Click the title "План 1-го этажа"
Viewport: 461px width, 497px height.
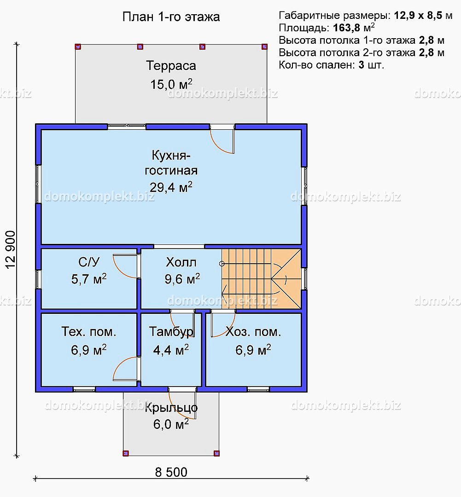pyautogui.click(x=171, y=17)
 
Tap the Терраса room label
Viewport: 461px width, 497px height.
pyautogui.click(x=171, y=66)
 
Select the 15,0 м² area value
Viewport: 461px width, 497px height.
pyautogui.click(x=171, y=84)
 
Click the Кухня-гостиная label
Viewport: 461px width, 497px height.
pyautogui.click(x=171, y=163)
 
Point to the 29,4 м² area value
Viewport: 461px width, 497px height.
pyautogui.click(x=171, y=187)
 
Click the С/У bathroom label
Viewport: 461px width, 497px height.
pyautogui.click(x=89, y=262)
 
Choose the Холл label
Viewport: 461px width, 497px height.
pyautogui.click(x=181, y=262)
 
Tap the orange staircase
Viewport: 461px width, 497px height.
pyautogui.click(x=261, y=278)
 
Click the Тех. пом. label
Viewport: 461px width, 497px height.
pyautogui.click(x=89, y=332)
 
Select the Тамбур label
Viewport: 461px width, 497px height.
pyautogui.click(x=171, y=332)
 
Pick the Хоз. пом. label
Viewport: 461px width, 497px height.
pyautogui.click(x=253, y=332)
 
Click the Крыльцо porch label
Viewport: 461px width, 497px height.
pyautogui.click(x=171, y=408)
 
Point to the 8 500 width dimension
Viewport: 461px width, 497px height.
pyautogui.click(x=171, y=472)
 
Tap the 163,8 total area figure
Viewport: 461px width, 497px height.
pyautogui.click(x=347, y=28)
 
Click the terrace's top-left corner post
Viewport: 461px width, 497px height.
pyautogui.click(x=78, y=46)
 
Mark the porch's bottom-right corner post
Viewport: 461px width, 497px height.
pyautogui.click(x=217, y=453)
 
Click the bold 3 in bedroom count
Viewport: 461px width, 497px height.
pyautogui.click(x=361, y=65)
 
